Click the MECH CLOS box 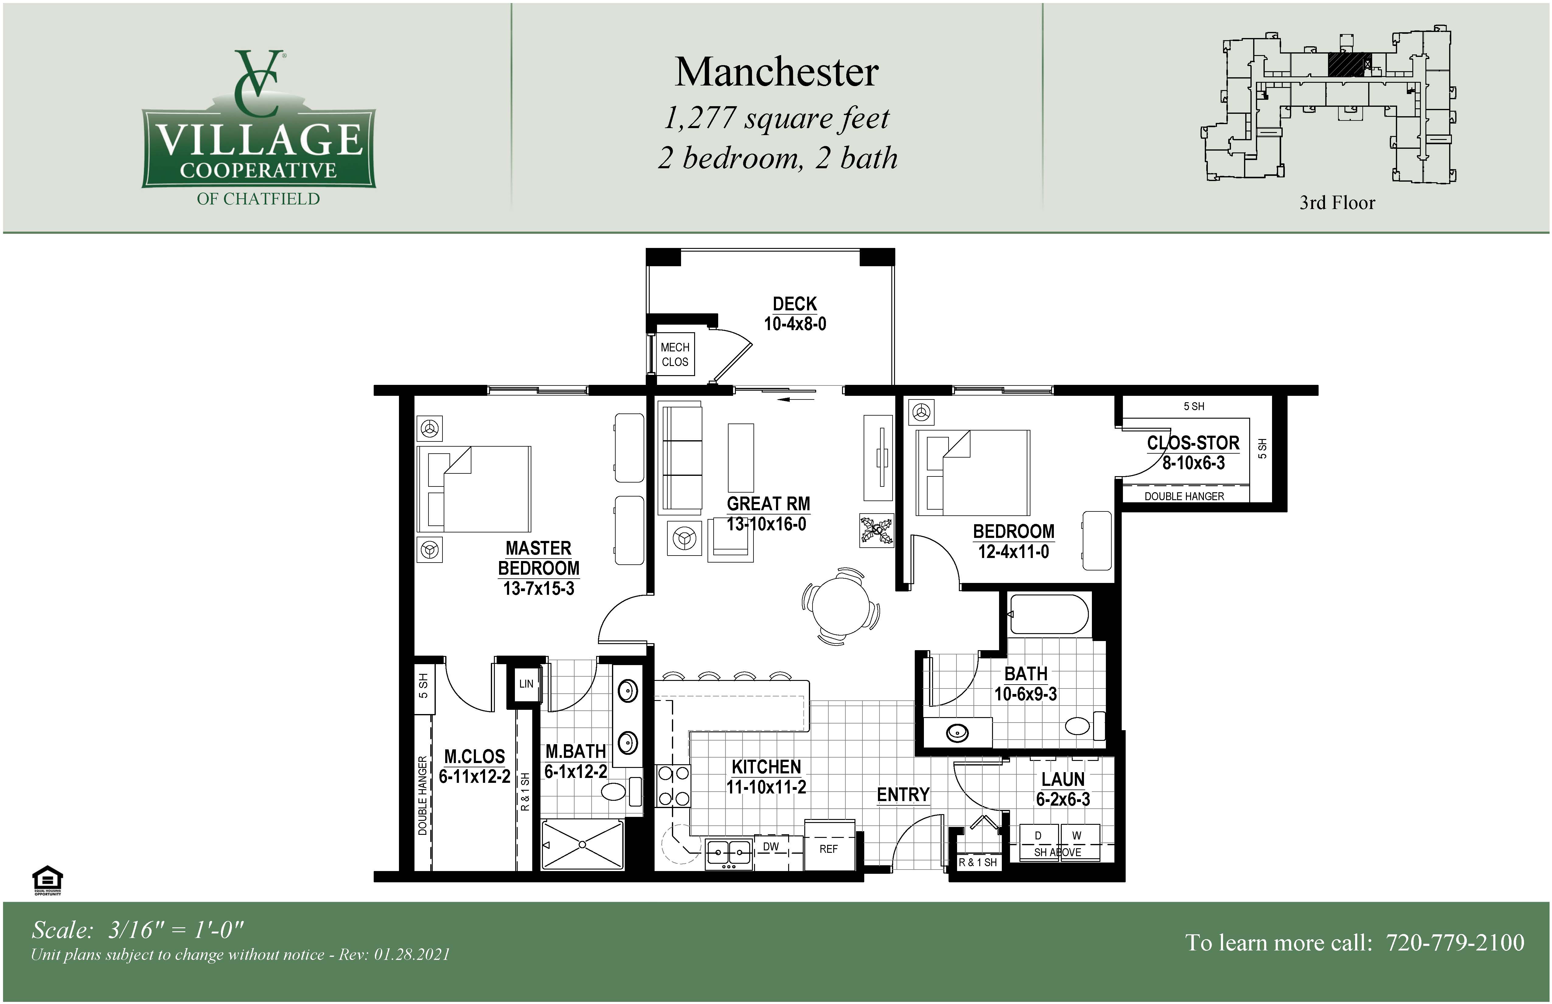675,354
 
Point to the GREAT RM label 768,504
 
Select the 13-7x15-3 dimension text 539,589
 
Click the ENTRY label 903,795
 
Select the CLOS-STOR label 1193,443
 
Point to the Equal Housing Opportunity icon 47,880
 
